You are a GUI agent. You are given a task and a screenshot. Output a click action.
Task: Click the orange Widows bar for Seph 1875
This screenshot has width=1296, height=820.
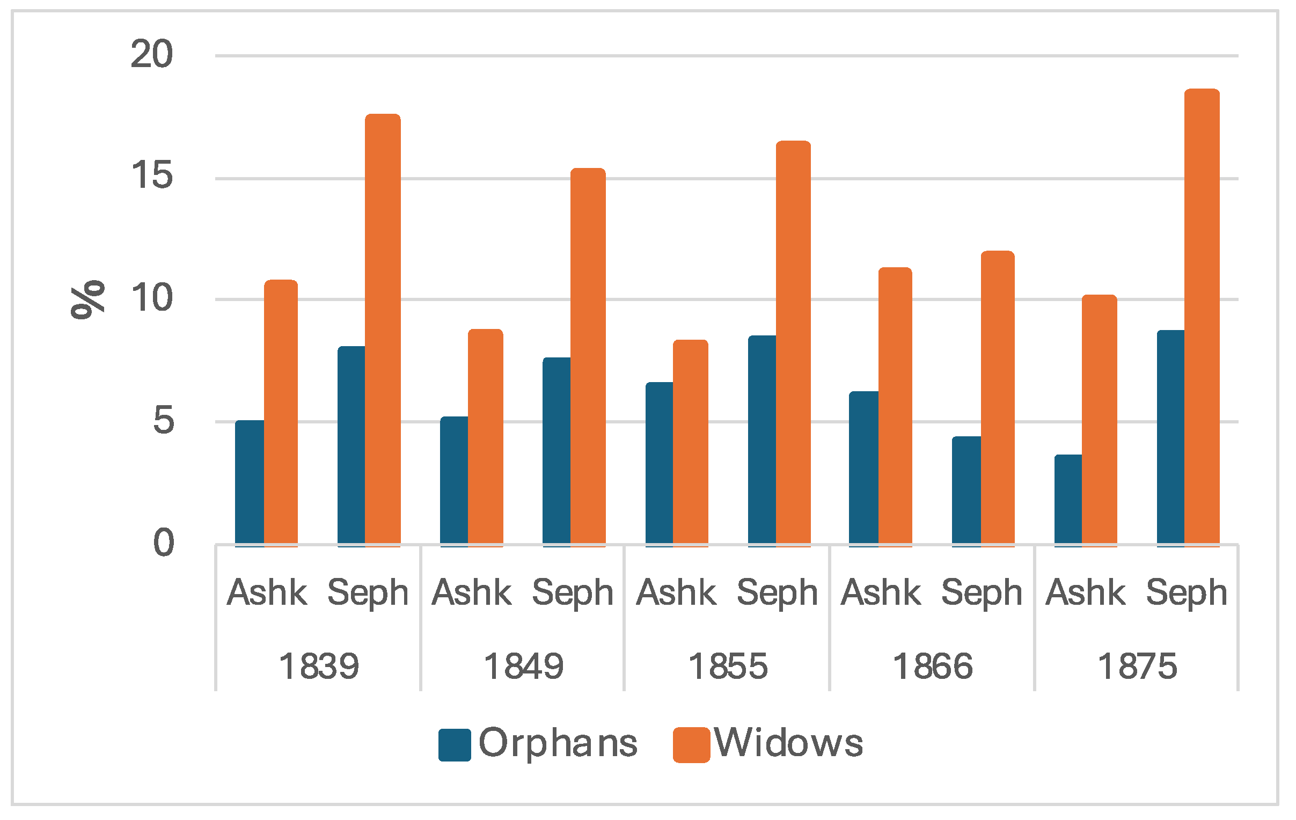click(1201, 318)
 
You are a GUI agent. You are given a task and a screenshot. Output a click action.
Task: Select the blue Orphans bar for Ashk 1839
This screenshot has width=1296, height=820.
click(249, 483)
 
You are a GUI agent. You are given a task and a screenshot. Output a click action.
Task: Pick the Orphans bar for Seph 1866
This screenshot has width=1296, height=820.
click(966, 491)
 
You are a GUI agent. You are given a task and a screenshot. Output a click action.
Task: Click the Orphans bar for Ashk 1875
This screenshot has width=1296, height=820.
click(1068, 500)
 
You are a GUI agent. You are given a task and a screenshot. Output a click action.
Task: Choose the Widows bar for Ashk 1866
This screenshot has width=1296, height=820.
click(895, 407)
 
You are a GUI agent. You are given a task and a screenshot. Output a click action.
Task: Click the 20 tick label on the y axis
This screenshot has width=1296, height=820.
click(151, 54)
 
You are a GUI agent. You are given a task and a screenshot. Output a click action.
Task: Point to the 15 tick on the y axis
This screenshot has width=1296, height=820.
click(151, 175)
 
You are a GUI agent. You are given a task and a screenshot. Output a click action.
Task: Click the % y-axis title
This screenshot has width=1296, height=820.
click(87, 299)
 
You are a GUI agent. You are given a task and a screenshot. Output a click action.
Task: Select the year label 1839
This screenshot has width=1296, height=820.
click(319, 667)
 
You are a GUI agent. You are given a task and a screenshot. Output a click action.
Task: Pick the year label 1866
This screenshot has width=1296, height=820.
click(933, 667)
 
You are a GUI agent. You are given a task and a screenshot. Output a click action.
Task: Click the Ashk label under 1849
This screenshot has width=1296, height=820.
click(472, 592)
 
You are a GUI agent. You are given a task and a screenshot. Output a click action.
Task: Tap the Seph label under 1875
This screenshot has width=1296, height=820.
click(1186, 594)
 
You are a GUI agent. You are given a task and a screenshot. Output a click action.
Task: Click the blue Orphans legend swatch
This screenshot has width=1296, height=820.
click(455, 745)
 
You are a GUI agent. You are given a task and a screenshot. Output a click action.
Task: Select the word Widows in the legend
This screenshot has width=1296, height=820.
click(788, 743)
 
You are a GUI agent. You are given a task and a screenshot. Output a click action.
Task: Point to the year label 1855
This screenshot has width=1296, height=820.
click(728, 667)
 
